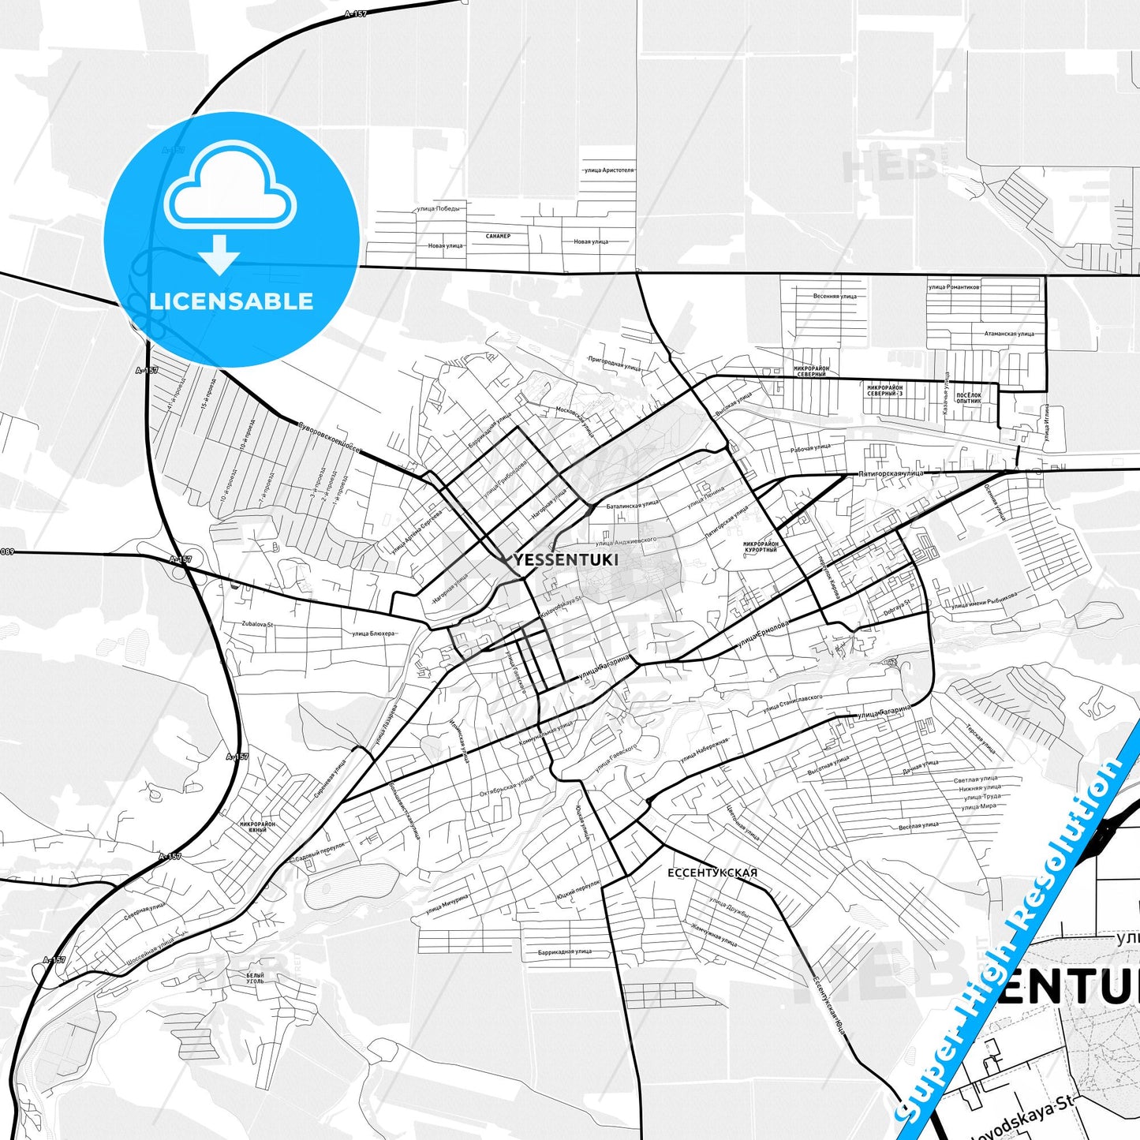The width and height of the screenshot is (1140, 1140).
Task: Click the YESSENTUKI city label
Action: (566, 560)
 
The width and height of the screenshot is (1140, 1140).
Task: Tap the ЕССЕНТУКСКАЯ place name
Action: (712, 873)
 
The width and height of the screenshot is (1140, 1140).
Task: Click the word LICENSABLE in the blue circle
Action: (231, 301)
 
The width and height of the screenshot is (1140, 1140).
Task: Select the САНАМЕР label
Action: (498, 236)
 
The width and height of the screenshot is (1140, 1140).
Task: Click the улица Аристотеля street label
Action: (608, 170)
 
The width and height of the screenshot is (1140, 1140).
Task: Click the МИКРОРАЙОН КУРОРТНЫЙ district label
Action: (761, 547)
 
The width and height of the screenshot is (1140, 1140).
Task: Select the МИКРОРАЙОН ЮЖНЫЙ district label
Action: (258, 827)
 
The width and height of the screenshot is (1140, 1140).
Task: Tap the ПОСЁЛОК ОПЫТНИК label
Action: (968, 398)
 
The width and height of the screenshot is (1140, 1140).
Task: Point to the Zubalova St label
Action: (257, 624)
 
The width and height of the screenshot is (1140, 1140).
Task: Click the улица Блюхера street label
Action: (373, 633)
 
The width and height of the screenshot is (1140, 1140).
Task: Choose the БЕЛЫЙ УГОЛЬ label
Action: (255, 978)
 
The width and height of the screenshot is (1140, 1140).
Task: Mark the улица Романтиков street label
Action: (954, 287)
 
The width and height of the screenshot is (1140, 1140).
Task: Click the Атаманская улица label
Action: (1008, 334)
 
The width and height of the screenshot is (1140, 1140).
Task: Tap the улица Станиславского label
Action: (792, 703)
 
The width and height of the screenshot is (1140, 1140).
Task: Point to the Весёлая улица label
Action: (918, 826)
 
